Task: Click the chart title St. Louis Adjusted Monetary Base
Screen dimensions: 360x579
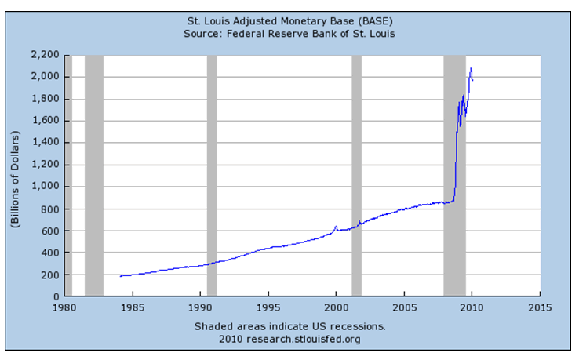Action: coord(289,20)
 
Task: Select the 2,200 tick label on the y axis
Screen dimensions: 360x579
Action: coord(46,55)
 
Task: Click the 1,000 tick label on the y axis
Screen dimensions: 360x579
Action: coord(46,187)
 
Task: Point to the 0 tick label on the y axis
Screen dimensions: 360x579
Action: coord(56,297)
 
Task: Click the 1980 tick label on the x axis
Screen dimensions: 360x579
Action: coord(64,307)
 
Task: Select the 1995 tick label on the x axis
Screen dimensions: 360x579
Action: coord(268,307)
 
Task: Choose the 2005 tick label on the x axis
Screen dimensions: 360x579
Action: coord(404,307)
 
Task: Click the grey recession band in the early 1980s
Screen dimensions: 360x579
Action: coord(94,176)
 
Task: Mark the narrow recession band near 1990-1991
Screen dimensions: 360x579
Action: coord(212,176)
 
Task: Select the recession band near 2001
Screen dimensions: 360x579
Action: coord(356,176)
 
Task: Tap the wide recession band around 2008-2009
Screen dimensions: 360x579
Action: coord(454,176)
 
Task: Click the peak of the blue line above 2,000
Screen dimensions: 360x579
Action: coord(471,68)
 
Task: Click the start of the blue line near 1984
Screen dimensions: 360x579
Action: coord(120,276)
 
